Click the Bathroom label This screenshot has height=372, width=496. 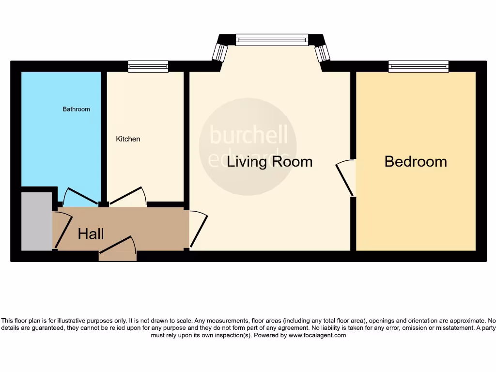coord(76,109)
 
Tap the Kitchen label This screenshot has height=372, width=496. coord(128,139)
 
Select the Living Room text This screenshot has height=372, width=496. coord(269,161)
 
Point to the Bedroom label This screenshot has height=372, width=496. coord(416,161)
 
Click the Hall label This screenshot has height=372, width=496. coord(91,234)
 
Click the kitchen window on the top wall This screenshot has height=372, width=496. coord(148,66)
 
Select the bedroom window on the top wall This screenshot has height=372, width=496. coord(418,66)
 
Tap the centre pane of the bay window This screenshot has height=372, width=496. coord(272,40)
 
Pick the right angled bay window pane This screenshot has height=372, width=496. coord(323,53)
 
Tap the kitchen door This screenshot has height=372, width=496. coord(127,197)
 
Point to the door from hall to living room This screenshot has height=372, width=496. coord(199,230)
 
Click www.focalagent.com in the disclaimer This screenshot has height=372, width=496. coord(317,335)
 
